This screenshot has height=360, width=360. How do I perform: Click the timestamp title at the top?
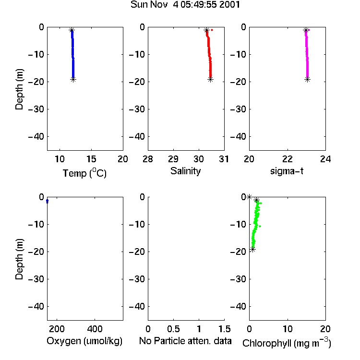tap(185, 4)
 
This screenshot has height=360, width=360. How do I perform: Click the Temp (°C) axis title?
tap(84, 173)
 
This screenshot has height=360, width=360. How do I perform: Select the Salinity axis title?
tap(185, 171)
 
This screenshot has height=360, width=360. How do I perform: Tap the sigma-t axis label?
tap(287, 171)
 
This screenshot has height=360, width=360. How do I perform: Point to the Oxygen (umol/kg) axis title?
tap(84, 341)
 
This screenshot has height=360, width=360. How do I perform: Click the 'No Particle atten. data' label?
tap(185, 341)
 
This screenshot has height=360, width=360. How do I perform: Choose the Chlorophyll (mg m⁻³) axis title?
tap(287, 343)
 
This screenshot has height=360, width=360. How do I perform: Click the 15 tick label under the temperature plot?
tap(91, 159)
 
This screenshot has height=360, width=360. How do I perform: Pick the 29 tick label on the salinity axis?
tap(173, 159)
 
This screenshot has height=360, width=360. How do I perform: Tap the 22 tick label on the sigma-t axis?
tap(288, 159)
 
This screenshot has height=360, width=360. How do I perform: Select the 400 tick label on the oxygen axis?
tap(95, 329)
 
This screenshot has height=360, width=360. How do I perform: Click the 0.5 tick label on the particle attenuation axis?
tap(173, 329)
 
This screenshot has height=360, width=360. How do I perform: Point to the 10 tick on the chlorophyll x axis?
tap(288, 329)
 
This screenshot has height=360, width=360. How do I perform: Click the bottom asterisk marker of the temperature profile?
tap(73, 80)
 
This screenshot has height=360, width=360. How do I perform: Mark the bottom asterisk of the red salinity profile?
tap(211, 80)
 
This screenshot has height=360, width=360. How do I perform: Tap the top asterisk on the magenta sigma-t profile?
tap(306, 30)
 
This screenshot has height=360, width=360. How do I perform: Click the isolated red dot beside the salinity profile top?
tap(212, 30)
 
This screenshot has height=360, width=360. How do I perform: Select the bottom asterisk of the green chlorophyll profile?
tap(253, 249)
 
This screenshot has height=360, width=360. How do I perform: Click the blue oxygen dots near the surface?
tap(48, 201)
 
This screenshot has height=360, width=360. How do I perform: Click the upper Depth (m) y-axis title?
tap(19, 89)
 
